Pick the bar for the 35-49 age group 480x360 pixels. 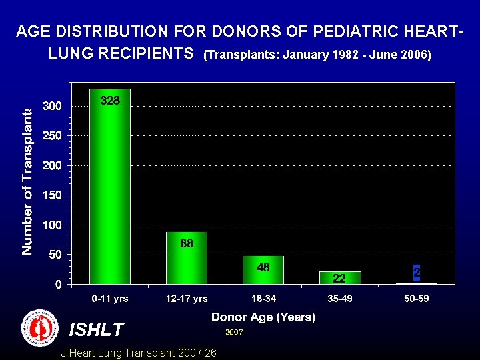tap(340, 277)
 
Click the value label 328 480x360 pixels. tap(110, 101)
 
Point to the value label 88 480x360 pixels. tap(187, 244)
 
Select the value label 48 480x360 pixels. tap(263, 267)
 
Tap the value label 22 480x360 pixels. tap(339, 278)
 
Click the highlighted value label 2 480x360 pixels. tap(417, 273)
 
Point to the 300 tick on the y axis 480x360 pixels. tap(53, 106)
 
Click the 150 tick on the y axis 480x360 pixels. tap(53, 195)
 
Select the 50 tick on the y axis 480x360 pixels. tap(55, 255)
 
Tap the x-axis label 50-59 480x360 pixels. tap(417, 299)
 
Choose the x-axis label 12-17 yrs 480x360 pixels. tap(187, 299)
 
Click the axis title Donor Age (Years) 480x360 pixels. tap(263, 317)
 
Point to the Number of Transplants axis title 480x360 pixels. tap(27, 181)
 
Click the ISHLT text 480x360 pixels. tap(97, 329)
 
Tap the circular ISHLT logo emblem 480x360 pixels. tap(40, 328)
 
